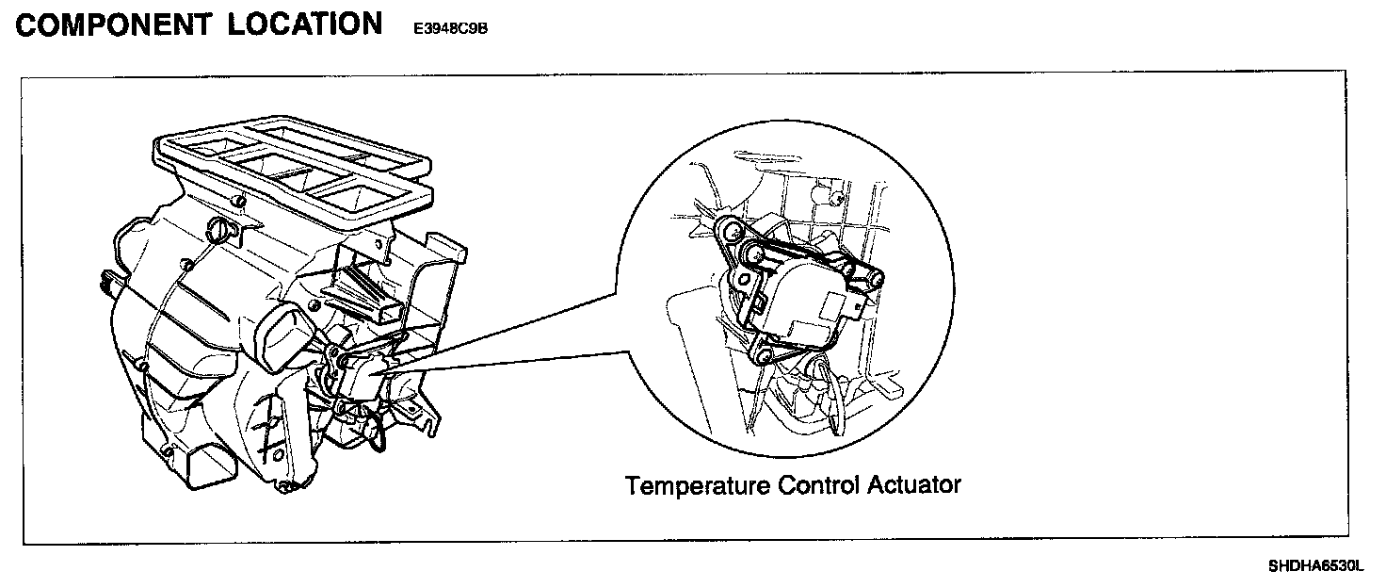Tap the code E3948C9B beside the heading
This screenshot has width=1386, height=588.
click(450, 28)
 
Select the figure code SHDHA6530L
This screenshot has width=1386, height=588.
click(1314, 566)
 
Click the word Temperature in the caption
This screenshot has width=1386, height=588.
click(698, 485)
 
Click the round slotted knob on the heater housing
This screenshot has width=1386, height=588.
click(218, 229)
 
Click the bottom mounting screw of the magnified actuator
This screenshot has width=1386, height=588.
click(764, 355)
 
